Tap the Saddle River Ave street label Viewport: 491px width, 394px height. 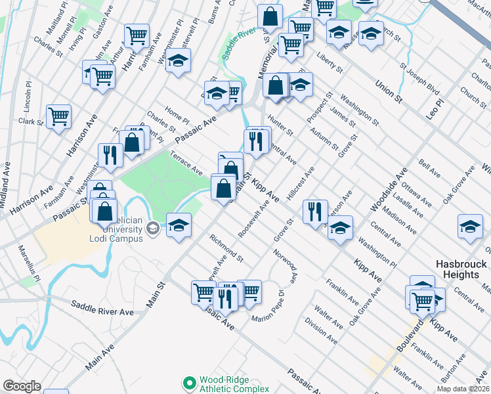point(102,307)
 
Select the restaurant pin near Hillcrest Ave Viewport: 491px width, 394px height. point(316,210)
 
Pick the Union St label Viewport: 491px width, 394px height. point(389,90)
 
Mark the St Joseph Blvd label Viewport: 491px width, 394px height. point(419,78)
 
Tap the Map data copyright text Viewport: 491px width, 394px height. point(463,389)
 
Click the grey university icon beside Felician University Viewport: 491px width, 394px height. point(154,228)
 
